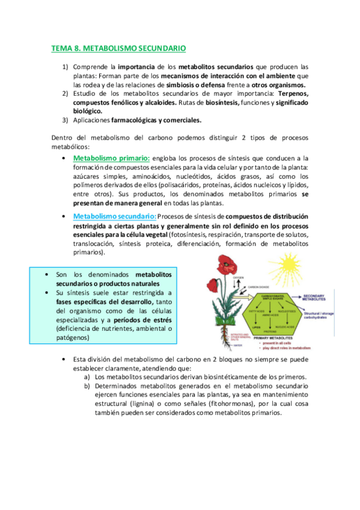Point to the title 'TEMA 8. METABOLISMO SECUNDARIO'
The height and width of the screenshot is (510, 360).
click(119, 47)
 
